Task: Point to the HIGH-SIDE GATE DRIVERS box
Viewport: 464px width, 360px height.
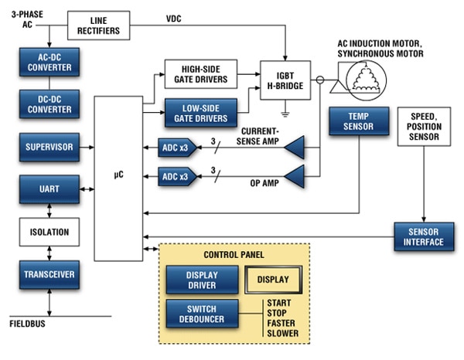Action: click(198, 75)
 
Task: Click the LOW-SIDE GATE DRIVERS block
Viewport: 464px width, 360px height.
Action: click(198, 113)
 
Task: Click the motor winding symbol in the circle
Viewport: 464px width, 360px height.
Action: click(363, 80)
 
